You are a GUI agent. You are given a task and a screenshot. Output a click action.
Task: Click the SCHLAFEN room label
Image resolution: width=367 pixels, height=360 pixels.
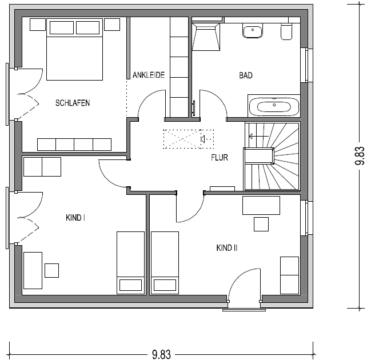(73, 103)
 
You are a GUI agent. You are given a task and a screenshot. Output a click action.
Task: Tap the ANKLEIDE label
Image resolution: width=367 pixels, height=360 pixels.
(149, 75)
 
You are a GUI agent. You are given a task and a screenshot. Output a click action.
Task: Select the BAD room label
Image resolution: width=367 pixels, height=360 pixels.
(246, 75)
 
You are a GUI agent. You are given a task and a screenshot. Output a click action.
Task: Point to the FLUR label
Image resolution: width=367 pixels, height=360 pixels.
(220, 157)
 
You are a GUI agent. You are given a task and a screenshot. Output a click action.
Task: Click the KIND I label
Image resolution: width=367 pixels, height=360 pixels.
(75, 218)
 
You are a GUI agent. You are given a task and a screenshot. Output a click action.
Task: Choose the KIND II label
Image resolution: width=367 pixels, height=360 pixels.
(227, 248)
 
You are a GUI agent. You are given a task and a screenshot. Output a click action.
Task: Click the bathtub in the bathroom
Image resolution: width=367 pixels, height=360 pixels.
(274, 106)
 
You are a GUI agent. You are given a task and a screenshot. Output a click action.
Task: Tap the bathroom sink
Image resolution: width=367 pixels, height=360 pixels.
(253, 31)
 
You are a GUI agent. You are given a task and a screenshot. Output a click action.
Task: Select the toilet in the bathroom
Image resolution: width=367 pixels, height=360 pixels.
(286, 31)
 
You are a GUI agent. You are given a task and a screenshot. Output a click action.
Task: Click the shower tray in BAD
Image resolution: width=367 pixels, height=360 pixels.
(206, 36)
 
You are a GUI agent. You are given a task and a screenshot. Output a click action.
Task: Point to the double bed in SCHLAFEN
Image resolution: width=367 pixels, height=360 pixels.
(74, 49)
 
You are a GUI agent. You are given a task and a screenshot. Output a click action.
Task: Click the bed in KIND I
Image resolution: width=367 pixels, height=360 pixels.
(130, 263)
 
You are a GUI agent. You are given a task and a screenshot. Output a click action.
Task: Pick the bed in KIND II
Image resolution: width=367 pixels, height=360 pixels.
(165, 263)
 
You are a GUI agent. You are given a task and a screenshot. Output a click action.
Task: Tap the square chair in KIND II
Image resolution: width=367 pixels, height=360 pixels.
(261, 224)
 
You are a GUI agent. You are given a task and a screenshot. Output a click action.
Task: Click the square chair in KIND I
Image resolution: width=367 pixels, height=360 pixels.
(51, 270)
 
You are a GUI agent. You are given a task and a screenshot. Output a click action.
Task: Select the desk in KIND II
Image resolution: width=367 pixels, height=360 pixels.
(261, 205)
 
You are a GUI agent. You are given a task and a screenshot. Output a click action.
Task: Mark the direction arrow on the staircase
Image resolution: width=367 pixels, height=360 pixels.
(258, 136)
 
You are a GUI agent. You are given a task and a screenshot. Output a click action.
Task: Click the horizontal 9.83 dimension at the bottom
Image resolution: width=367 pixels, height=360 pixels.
(161, 354)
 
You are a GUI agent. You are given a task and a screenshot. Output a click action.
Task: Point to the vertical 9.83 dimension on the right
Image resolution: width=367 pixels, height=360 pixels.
(360, 155)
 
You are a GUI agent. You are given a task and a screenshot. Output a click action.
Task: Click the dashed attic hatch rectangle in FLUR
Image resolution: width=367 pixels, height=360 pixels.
(189, 139)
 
